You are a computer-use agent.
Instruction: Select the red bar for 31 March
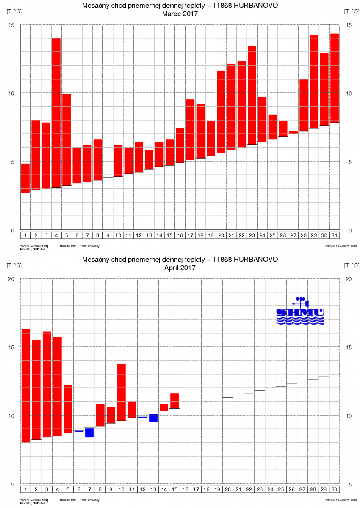click(x=335, y=78)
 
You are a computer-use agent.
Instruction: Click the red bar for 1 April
click(x=26, y=385)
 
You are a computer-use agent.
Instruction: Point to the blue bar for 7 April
click(x=89, y=432)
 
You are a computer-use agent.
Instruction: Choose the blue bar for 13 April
click(x=153, y=418)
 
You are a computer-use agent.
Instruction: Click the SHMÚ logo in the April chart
click(x=300, y=311)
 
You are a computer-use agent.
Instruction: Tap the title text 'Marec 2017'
click(x=180, y=14)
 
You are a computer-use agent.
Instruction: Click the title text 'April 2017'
click(x=180, y=268)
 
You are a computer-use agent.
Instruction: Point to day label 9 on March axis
click(x=108, y=235)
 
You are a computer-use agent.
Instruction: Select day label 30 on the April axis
click(x=334, y=490)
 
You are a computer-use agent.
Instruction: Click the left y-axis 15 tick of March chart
click(x=11, y=25)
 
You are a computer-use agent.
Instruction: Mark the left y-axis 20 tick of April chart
click(x=11, y=279)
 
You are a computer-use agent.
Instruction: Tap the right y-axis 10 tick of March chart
click(x=349, y=94)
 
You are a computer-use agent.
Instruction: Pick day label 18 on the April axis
click(x=206, y=490)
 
